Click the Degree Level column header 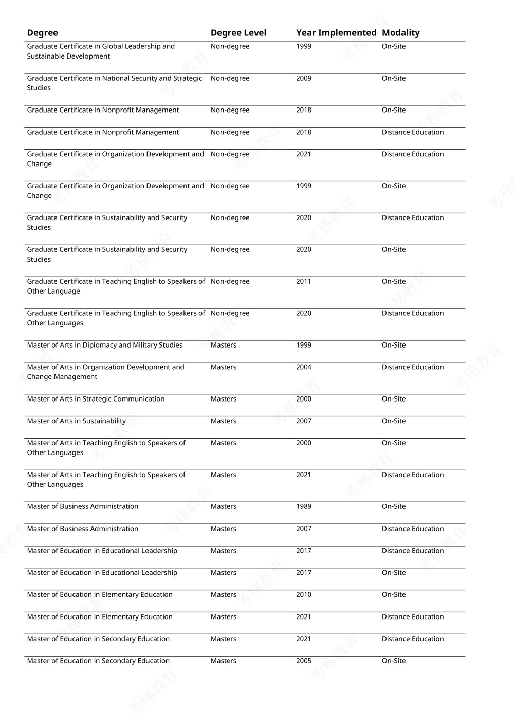[238, 33]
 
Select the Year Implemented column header [336, 33]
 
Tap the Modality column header [401, 33]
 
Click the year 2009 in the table [304, 78]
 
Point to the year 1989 [304, 506]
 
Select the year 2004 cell [304, 367]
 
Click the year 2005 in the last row [304, 661]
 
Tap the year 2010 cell [304, 594]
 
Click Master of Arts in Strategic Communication [96, 399]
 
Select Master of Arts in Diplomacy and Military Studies [105, 345]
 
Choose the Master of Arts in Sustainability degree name [77, 421]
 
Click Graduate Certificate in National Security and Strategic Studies [114, 83]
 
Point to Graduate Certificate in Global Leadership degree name [101, 51]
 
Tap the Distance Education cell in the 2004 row [413, 367]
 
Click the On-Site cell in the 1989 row [394, 506]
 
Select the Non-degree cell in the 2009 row [230, 78]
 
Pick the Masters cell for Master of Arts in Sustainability [224, 421]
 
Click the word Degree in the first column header [42, 33]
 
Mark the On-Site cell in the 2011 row [394, 281]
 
